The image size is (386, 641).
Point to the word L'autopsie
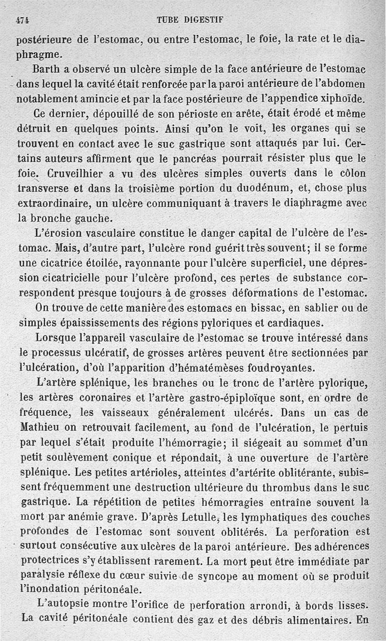pyautogui.click(x=60, y=605)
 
